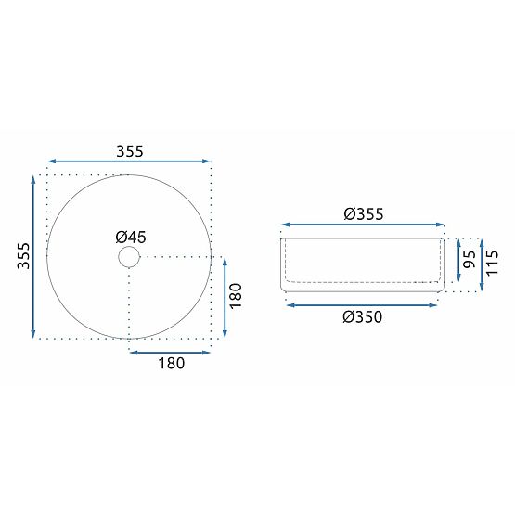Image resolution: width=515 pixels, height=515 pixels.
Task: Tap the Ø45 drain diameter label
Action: click(x=129, y=237)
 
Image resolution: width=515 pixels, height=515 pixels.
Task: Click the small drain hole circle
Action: click(x=129, y=256)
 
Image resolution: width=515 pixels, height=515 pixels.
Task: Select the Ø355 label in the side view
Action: click(x=363, y=213)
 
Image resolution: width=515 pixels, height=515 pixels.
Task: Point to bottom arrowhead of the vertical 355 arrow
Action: click(x=34, y=336)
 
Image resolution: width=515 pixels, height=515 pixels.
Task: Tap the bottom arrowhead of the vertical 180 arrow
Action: click(x=224, y=336)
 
